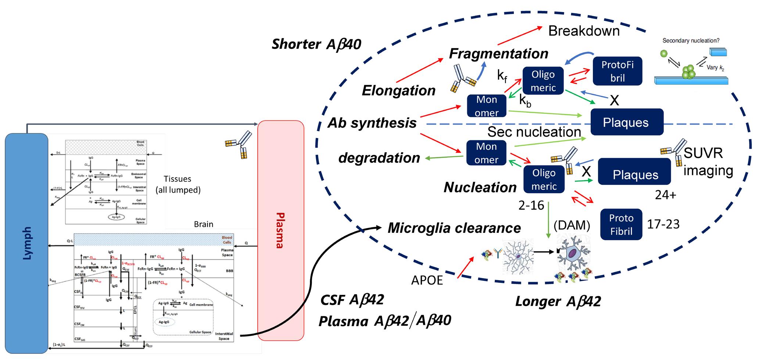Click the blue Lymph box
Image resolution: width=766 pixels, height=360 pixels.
pos(26,242)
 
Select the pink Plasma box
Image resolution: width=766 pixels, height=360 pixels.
pos(281,230)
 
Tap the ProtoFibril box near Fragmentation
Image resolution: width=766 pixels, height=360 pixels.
pos(617,71)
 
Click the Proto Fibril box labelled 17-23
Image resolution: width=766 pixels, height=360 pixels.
pos(621,224)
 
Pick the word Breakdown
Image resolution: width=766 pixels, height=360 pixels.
pos(584,31)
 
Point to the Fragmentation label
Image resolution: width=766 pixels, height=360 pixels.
pos(498,54)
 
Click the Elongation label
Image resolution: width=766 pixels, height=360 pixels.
pos(398,90)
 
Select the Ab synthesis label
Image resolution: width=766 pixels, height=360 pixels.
pos(372,123)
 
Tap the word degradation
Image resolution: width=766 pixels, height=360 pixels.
pos(379,158)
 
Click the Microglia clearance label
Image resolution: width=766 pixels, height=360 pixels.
pos(454,228)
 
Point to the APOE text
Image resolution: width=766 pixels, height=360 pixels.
pos(427,280)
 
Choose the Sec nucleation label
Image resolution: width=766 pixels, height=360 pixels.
pos(534,132)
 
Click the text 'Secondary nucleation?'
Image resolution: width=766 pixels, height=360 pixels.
pos(691,41)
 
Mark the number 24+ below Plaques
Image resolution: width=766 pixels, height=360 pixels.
pos(665,195)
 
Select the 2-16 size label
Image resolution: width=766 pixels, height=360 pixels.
pos(531,205)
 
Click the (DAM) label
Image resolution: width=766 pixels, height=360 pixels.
pos(572,225)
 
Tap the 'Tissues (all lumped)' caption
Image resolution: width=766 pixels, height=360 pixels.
pos(178,184)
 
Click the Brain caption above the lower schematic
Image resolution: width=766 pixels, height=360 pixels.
pos(203,224)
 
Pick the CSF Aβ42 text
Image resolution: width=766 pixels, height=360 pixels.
pos(352,300)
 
